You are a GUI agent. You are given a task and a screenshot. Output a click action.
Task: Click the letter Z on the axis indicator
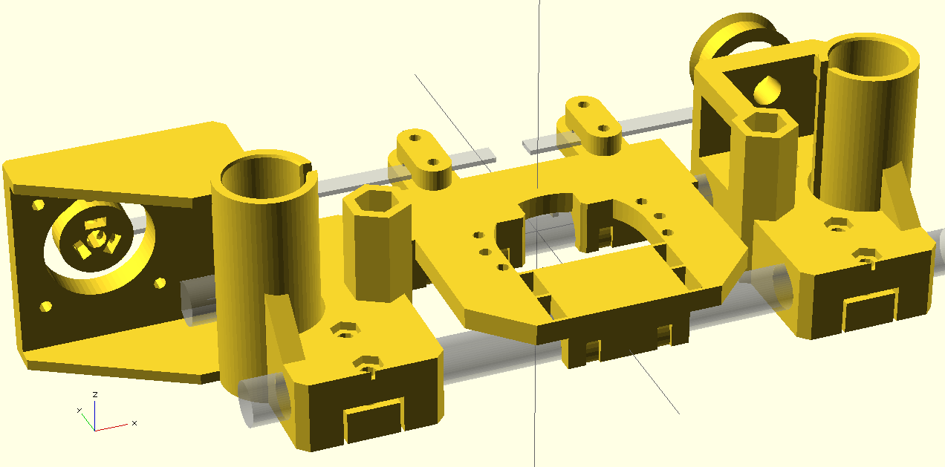(95, 394)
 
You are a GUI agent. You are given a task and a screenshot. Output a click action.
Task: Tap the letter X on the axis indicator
(134, 422)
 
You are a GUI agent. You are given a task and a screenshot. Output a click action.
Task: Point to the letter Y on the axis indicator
(79, 410)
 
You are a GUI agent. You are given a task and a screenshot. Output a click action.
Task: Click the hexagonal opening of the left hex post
(374, 201)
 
